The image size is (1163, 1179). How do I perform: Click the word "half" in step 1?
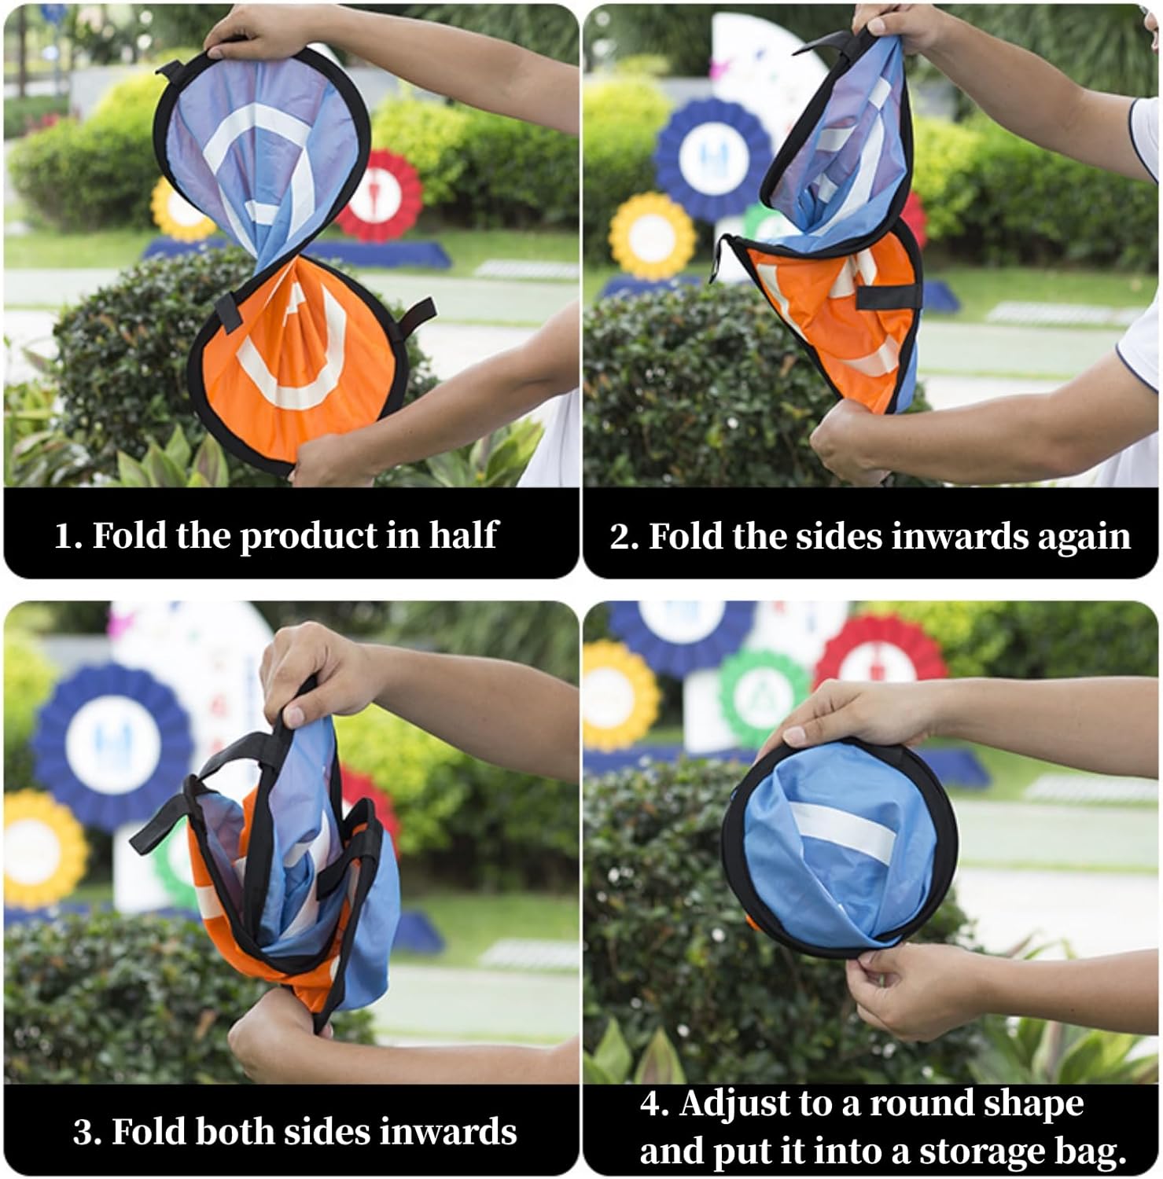464,535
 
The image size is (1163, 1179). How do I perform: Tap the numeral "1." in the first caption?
68,536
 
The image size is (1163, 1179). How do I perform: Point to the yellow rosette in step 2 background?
653,236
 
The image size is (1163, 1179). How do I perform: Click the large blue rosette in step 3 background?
110,747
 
